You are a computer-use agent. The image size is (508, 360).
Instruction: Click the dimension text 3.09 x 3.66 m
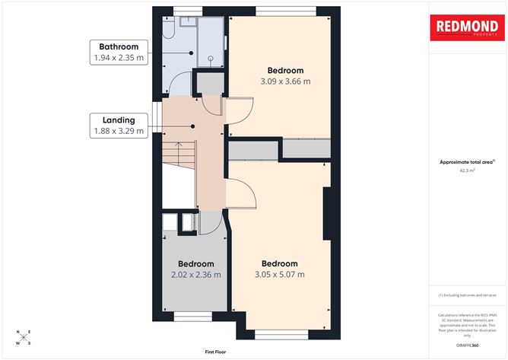(285, 81)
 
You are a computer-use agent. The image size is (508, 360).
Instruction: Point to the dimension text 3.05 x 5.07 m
(278, 275)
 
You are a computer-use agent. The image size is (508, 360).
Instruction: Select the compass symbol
(24, 336)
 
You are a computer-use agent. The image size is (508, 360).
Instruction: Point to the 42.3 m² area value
(467, 171)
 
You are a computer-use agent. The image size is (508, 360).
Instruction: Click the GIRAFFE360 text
(466, 345)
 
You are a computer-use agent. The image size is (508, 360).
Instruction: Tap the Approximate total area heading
(467, 162)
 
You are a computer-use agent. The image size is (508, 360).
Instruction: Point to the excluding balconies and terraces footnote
(466, 295)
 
